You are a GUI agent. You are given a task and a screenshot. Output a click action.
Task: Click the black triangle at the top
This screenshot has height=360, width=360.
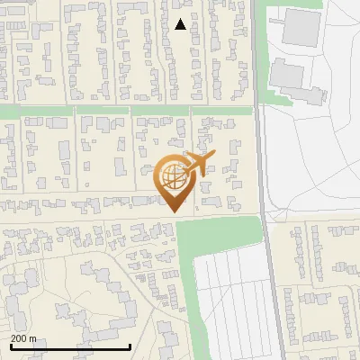click(181, 24)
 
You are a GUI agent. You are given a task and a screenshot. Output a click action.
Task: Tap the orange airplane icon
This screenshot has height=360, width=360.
click(199, 164)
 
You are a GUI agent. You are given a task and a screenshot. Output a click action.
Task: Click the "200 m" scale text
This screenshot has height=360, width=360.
click(23, 338)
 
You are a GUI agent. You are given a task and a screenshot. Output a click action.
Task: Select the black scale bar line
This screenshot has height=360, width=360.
click(70, 346)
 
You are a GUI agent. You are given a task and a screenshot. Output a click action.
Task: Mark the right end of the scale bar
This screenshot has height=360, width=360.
click(130, 346)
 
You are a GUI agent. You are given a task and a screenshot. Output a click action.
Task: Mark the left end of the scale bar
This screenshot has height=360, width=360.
click(10, 346)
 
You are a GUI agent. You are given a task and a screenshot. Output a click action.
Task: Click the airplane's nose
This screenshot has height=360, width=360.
click(215, 160)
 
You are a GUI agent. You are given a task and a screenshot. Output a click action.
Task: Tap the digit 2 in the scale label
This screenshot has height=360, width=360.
click(13, 338)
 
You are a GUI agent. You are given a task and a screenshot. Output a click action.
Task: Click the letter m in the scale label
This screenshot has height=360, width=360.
click(33, 338)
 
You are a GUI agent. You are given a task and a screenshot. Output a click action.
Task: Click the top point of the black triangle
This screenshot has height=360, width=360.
click(181, 19)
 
